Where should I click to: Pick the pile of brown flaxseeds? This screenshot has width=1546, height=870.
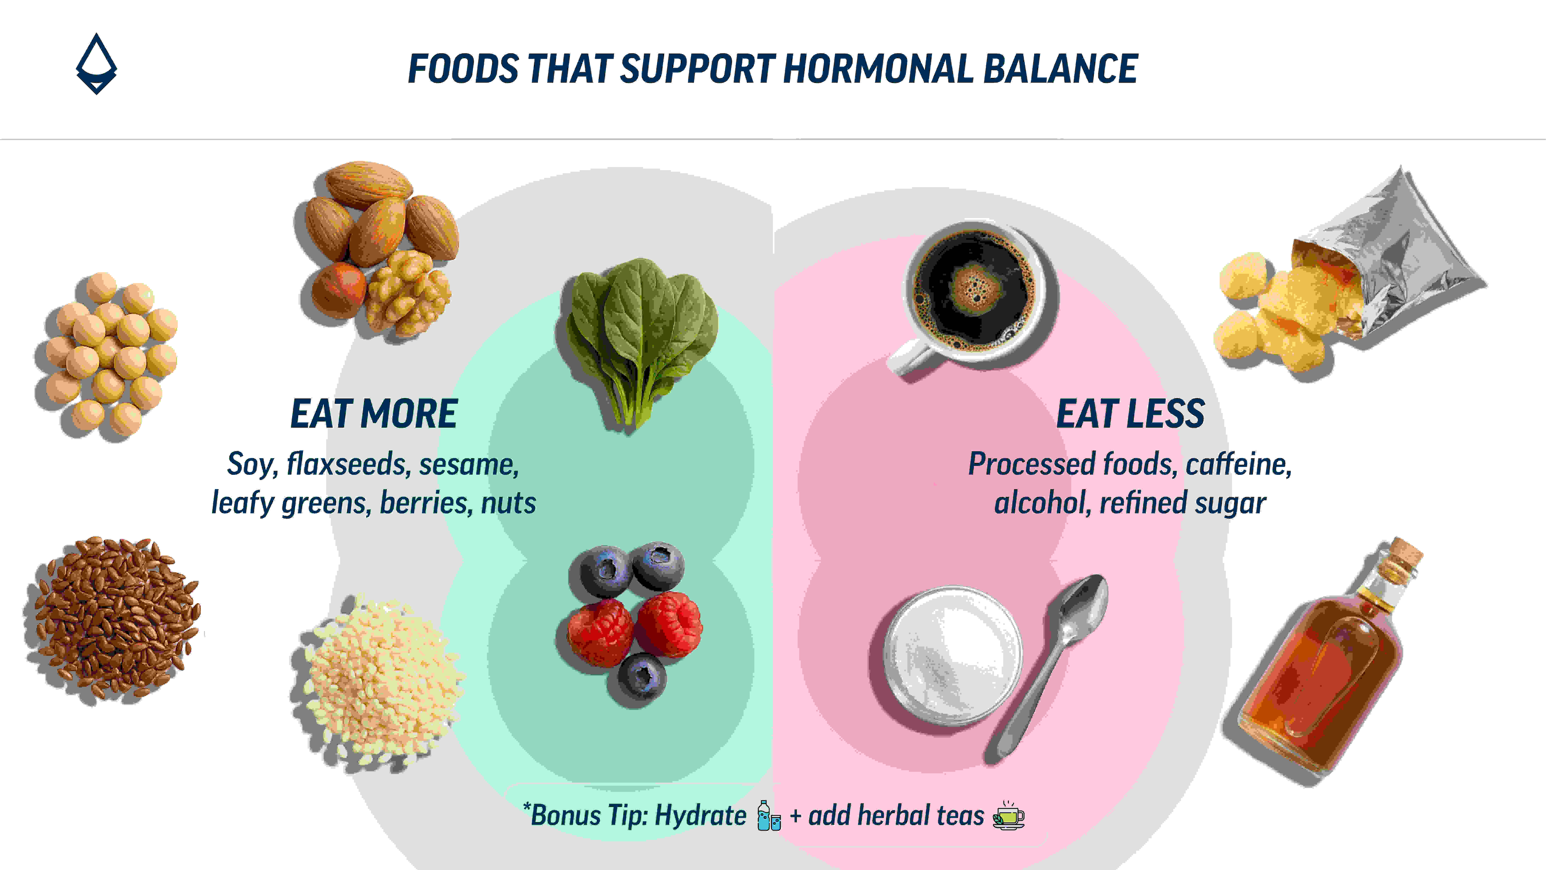click(112, 618)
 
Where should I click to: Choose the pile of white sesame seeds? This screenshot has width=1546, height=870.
click(378, 681)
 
